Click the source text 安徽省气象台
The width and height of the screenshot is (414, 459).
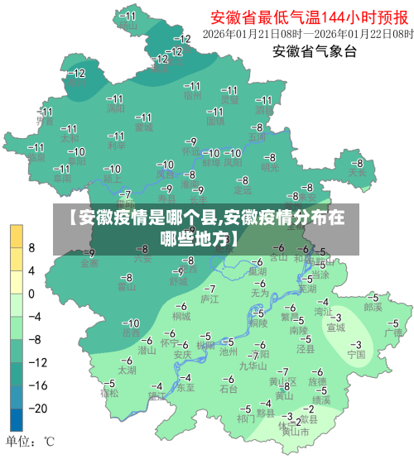[315, 52]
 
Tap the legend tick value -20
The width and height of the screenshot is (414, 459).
[33, 408]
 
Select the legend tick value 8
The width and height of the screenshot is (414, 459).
[31, 247]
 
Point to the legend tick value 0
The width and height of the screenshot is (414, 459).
[31, 293]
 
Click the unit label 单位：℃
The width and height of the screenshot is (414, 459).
[30, 441]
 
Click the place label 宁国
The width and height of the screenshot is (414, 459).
[356, 354]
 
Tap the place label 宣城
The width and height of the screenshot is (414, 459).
[335, 327]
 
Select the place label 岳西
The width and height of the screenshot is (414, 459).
[131, 332]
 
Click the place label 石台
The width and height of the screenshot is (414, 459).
[229, 388]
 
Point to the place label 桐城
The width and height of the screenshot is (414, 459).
[181, 316]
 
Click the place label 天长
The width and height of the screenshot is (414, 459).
[357, 174]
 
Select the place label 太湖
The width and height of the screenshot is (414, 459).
[127, 371]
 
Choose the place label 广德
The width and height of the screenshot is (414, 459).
[392, 332]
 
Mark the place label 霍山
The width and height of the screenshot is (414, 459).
[126, 287]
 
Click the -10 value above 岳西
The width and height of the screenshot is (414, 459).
[131, 323]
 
